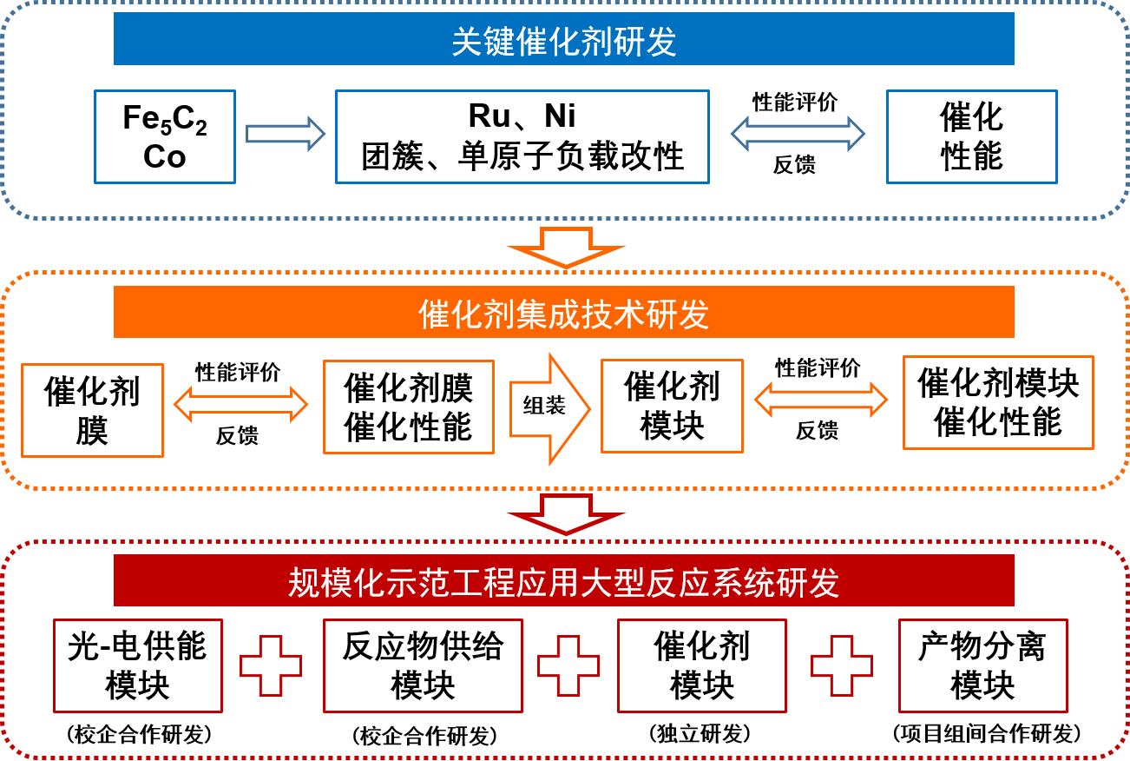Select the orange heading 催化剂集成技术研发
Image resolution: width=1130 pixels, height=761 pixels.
coord(564,314)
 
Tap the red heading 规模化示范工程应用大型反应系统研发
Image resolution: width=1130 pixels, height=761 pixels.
coord(564,582)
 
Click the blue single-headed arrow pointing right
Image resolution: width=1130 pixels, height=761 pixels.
coord(286,134)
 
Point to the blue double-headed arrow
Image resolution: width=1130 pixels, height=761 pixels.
coord(798,134)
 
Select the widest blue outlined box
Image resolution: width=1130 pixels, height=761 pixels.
coord(522,136)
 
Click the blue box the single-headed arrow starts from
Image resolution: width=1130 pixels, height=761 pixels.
coord(165,136)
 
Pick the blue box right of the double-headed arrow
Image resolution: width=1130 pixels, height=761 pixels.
coord(971,136)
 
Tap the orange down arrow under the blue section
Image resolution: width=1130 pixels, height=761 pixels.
coord(566,247)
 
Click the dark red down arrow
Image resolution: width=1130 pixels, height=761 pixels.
coord(566,514)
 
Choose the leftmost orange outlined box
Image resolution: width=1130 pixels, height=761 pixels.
coord(92,410)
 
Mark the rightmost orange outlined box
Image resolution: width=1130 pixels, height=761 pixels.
coord(998,402)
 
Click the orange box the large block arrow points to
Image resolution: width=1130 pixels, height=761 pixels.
coord(672,406)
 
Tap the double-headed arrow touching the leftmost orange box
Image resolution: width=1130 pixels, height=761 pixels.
coord(241,404)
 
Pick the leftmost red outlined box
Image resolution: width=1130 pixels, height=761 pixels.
coord(138,665)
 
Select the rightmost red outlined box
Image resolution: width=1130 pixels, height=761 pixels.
coord(982,665)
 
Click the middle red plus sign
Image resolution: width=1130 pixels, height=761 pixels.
coord(568,665)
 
